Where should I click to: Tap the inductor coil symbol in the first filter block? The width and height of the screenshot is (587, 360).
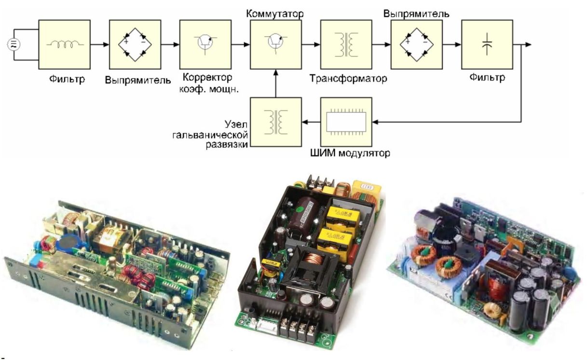(64, 44)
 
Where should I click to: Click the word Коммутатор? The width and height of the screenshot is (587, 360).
(272, 13)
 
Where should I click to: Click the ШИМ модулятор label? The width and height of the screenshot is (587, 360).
(348, 154)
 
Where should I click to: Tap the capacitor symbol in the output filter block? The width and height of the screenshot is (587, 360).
(487, 45)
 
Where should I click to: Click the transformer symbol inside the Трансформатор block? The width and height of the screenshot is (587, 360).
(346, 45)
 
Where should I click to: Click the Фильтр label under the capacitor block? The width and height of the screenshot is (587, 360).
(487, 78)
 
